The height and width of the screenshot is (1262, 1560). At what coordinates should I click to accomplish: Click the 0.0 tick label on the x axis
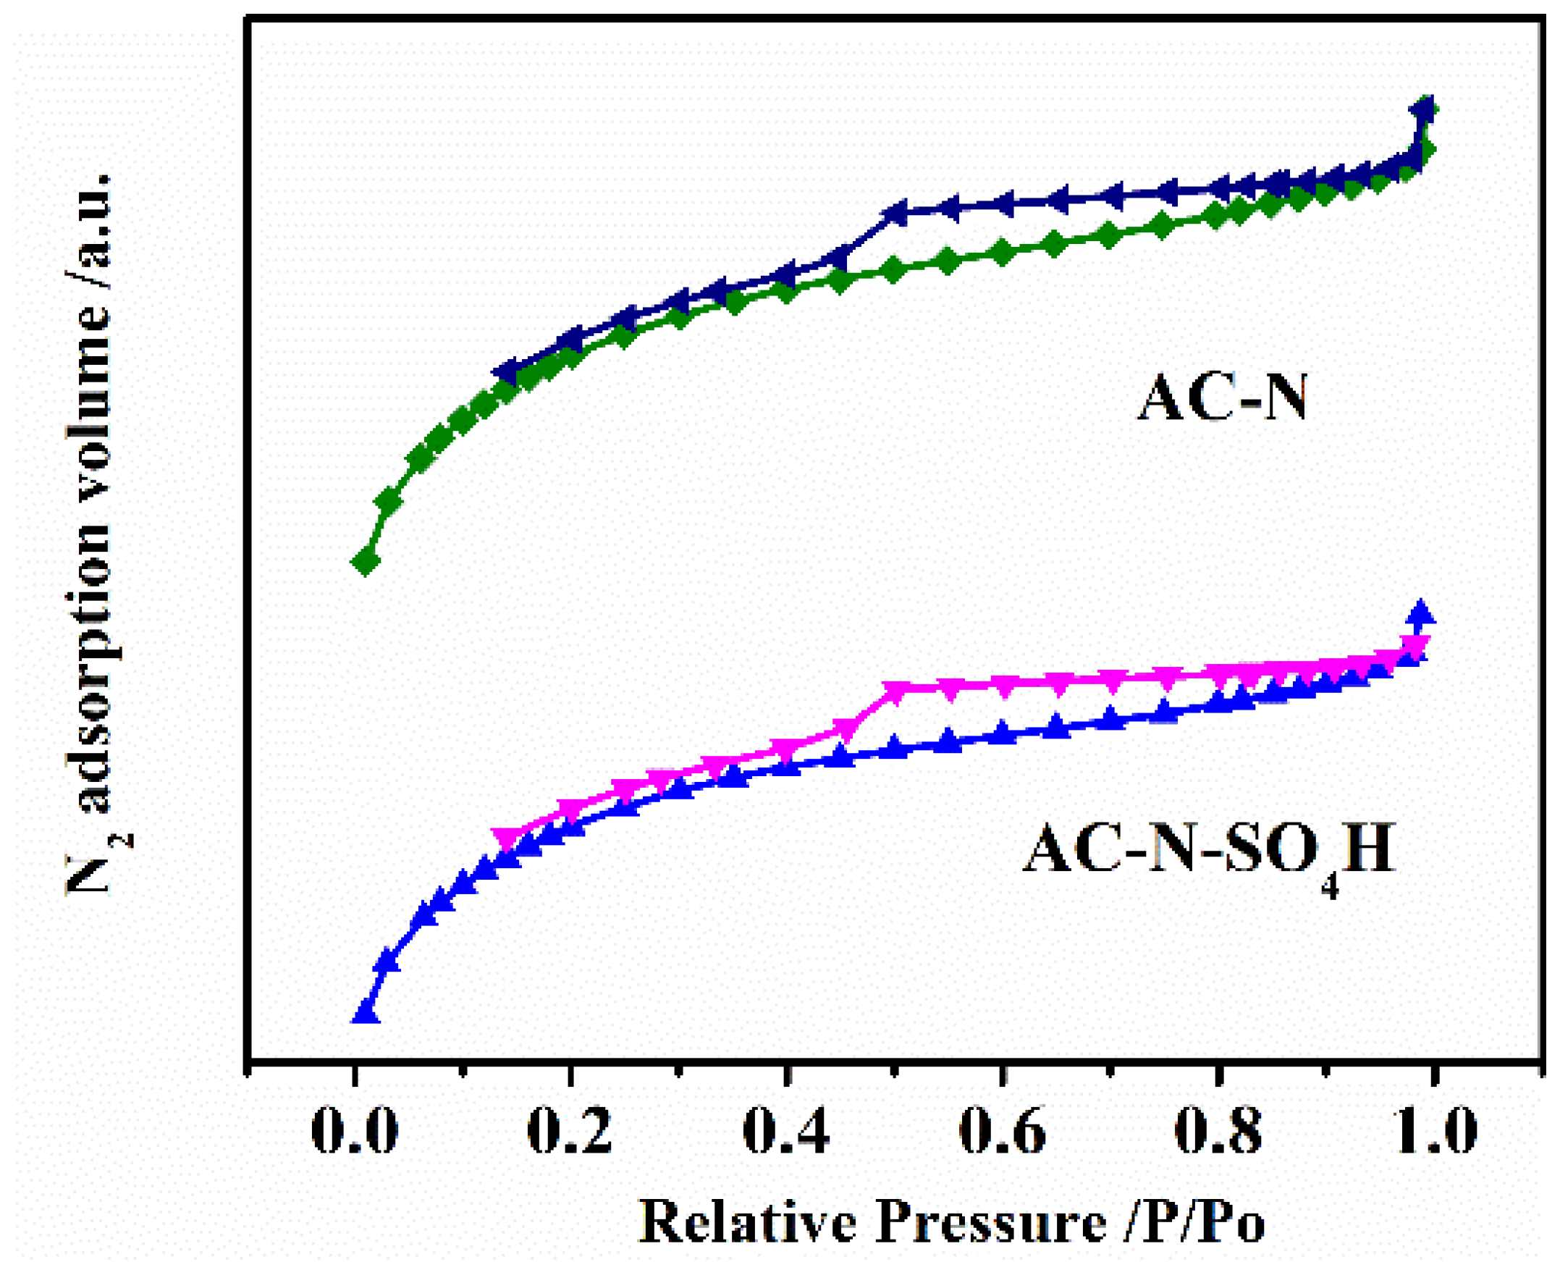pyautogui.click(x=354, y=1132)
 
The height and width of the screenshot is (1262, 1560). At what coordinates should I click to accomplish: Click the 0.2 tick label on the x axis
pyautogui.click(x=570, y=1132)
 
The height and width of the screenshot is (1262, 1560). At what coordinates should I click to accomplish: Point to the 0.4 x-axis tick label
pyautogui.click(x=786, y=1132)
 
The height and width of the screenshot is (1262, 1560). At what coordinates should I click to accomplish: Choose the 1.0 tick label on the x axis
pyautogui.click(x=1433, y=1132)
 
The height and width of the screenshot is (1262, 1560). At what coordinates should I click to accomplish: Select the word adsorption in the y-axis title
pyautogui.click(x=91, y=640)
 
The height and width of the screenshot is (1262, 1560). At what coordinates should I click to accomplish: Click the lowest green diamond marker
pyautogui.click(x=366, y=561)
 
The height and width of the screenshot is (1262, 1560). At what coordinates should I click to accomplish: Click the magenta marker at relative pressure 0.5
pyautogui.click(x=894, y=692)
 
